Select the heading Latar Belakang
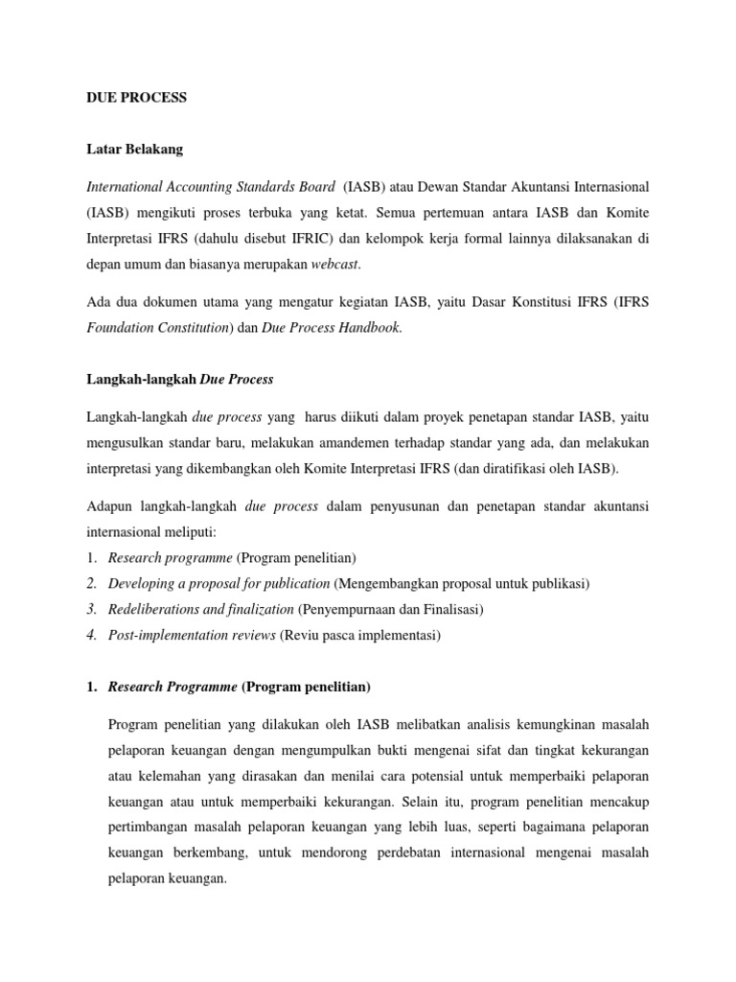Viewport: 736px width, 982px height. tap(134, 150)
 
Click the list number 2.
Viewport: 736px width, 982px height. tap(93, 583)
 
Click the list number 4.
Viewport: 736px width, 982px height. tap(93, 635)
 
